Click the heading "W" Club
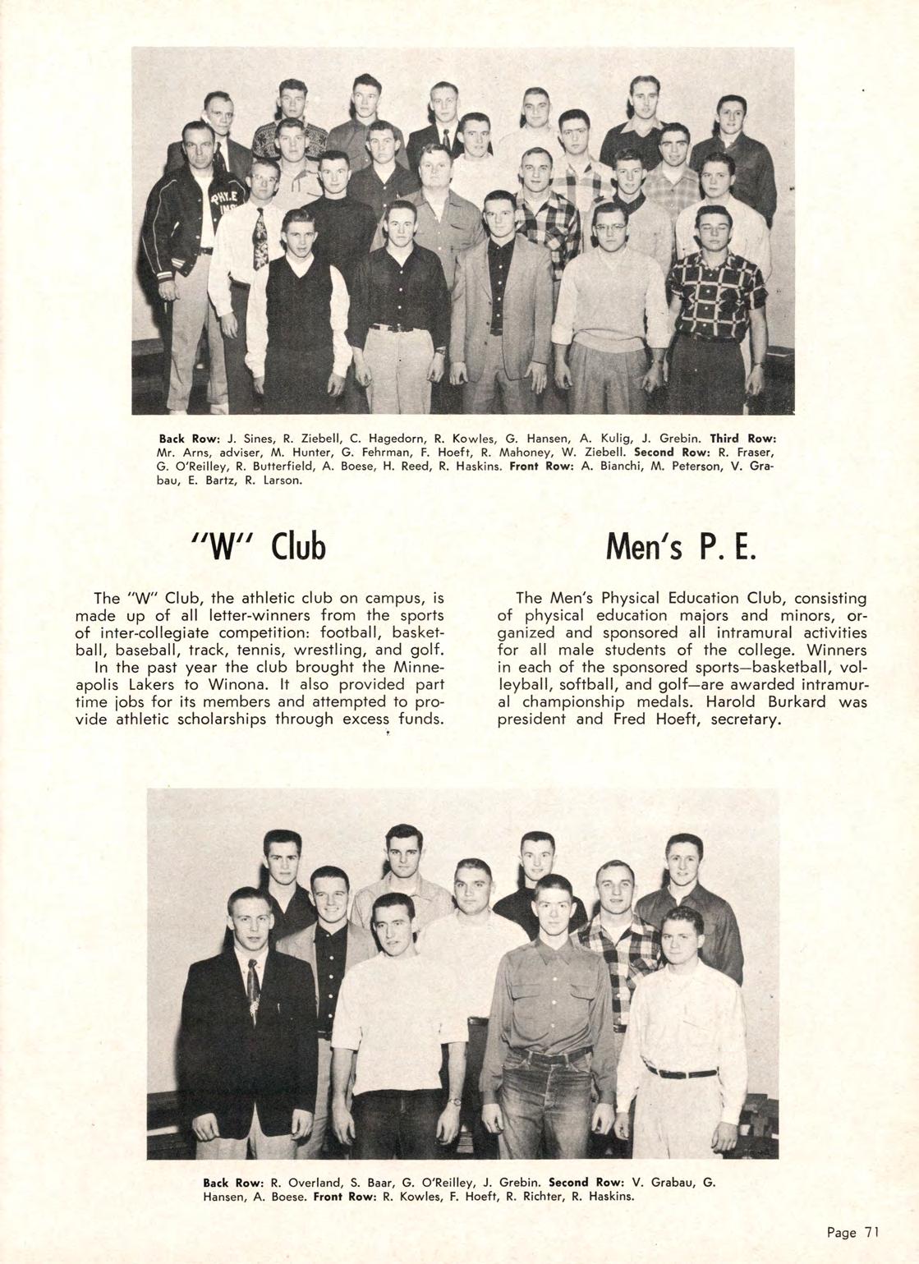[x=257, y=546]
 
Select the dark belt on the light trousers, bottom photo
[x=681, y=1073]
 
